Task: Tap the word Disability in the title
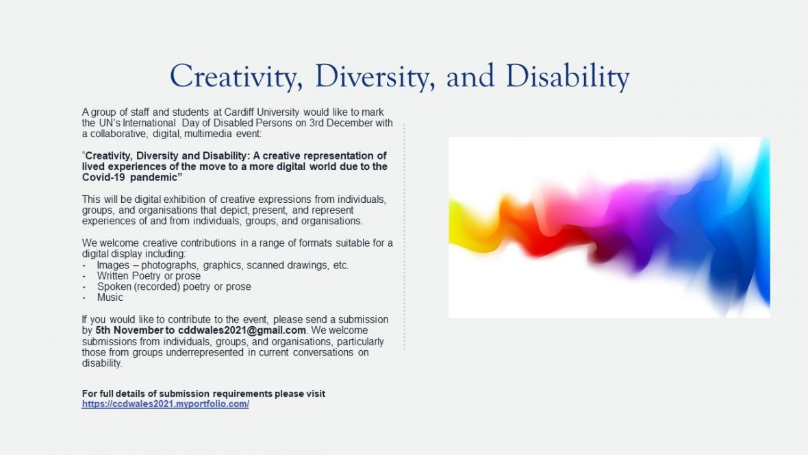click(568, 77)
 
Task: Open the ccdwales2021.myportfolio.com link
click(166, 404)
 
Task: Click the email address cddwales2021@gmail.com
click(242, 330)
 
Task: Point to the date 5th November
click(129, 330)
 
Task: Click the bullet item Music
click(110, 297)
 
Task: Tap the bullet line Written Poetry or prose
click(149, 275)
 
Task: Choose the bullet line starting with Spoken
click(174, 286)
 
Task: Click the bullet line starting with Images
click(223, 265)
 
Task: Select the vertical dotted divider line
click(404, 236)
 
